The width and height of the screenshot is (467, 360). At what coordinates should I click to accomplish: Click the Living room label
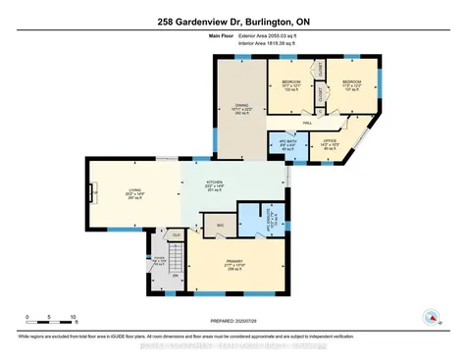pos(135,193)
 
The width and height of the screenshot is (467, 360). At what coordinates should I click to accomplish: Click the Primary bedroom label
pos(234,262)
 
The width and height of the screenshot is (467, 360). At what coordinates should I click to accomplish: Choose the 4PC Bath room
pos(288,147)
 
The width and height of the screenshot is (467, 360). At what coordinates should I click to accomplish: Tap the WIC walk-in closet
pos(220,224)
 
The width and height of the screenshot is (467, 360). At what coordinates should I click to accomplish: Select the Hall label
pos(307,123)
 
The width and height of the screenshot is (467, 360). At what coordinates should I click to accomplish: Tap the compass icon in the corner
pos(429,316)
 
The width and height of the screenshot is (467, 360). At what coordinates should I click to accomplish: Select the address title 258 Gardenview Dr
pos(233,21)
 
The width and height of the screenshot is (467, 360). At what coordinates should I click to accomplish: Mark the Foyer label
pos(157,260)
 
